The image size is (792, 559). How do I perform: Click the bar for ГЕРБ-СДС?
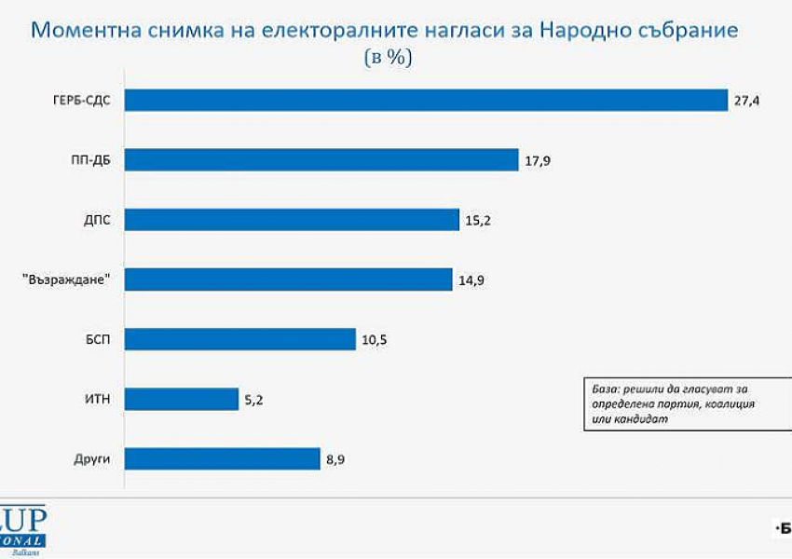click(x=426, y=100)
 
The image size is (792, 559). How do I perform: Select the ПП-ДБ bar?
click(x=321, y=159)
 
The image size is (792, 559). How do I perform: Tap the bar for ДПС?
click(x=292, y=219)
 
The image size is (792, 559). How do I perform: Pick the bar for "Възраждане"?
click(x=288, y=279)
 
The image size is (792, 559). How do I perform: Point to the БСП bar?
click(x=240, y=339)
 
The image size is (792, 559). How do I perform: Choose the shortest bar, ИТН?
click(x=182, y=399)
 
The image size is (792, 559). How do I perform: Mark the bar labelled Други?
click(x=223, y=458)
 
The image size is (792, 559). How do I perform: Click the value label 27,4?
click(x=747, y=100)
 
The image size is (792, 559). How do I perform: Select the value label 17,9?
click(x=539, y=159)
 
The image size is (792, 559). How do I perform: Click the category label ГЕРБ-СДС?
click(x=82, y=100)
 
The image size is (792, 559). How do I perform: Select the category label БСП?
click(x=97, y=339)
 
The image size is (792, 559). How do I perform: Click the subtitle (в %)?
click(x=386, y=58)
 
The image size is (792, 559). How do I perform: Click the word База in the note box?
click(x=605, y=388)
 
